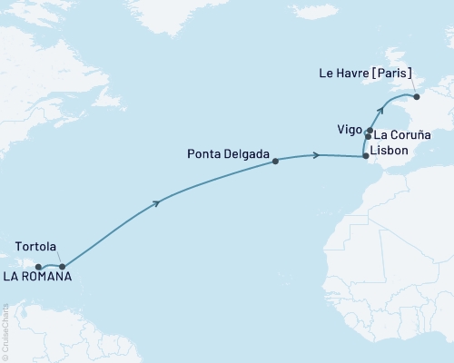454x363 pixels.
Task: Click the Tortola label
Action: [36, 247]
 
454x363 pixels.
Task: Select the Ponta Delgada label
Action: [230, 155]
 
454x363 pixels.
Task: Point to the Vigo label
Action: [347, 130]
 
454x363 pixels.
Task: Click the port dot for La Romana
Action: [39, 267]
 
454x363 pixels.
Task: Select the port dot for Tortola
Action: [62, 267]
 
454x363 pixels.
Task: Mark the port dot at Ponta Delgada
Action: [275, 162]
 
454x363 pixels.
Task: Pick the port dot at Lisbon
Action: [366, 157]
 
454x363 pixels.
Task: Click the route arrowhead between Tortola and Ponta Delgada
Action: [159, 201]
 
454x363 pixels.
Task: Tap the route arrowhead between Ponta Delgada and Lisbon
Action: [316, 156]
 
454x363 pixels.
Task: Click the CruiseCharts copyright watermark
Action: [5, 330]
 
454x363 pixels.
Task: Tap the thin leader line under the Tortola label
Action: [56, 259]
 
